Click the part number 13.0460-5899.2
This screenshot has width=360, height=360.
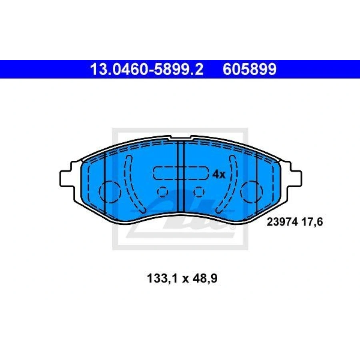pyautogui.click(x=147, y=69)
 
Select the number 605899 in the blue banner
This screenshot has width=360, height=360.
pyautogui.click(x=250, y=69)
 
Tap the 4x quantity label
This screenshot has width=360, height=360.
pyautogui.click(x=219, y=175)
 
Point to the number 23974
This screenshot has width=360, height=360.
pyautogui.click(x=282, y=222)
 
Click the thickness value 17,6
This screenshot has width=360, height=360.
pyautogui.click(x=312, y=222)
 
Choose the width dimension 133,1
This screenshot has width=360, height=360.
pyautogui.click(x=162, y=279)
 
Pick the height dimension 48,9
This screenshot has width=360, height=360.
pyautogui.click(x=205, y=279)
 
